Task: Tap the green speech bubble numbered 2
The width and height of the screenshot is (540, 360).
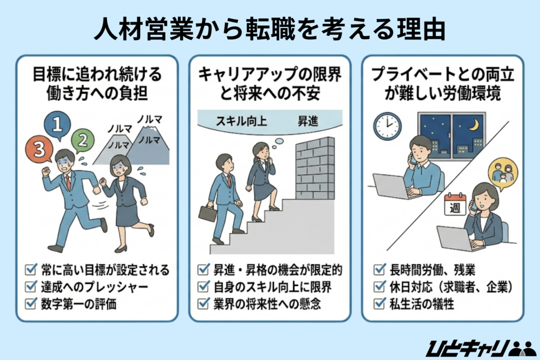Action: (x=82, y=140)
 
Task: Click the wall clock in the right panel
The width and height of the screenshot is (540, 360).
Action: (x=388, y=126)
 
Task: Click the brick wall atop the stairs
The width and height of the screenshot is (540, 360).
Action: (x=315, y=168)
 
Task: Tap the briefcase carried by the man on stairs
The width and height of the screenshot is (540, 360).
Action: (x=207, y=213)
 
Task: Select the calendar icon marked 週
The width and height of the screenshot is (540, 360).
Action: (x=455, y=205)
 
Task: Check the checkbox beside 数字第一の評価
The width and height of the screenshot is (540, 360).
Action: (x=31, y=304)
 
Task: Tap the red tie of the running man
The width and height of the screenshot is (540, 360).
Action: (x=67, y=182)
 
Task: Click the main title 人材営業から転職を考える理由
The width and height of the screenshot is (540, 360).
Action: (x=269, y=31)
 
